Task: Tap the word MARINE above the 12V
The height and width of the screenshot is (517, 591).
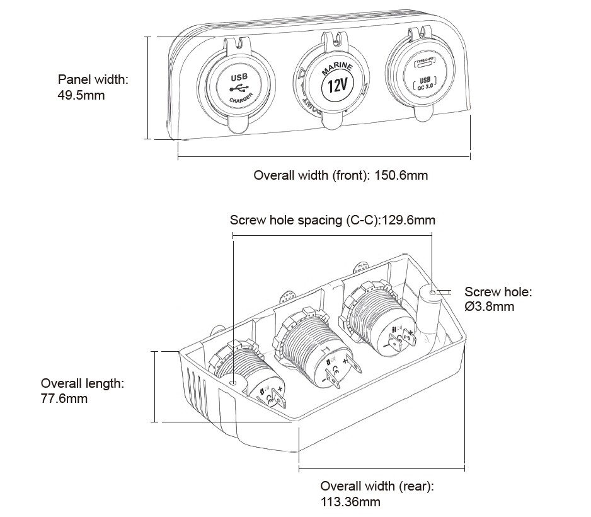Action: pyautogui.click(x=337, y=68)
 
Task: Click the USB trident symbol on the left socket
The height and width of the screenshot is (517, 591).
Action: pyautogui.click(x=239, y=88)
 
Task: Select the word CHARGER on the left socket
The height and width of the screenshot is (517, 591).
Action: pyautogui.click(x=240, y=100)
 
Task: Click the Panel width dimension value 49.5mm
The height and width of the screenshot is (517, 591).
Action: pyautogui.click(x=81, y=96)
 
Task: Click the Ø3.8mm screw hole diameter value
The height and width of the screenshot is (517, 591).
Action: pyautogui.click(x=490, y=307)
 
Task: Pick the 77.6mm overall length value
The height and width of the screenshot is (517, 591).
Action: pyautogui.click(x=64, y=398)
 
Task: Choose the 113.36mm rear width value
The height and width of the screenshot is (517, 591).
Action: pyautogui.click(x=350, y=502)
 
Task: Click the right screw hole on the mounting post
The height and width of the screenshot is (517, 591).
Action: pyautogui.click(x=432, y=293)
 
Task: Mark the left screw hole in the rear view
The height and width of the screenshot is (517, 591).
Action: pyautogui.click(x=233, y=383)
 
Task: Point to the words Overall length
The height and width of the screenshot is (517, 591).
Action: pyautogui.click(x=82, y=383)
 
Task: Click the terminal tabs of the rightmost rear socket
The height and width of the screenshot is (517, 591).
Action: pyautogui.click(x=401, y=341)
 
